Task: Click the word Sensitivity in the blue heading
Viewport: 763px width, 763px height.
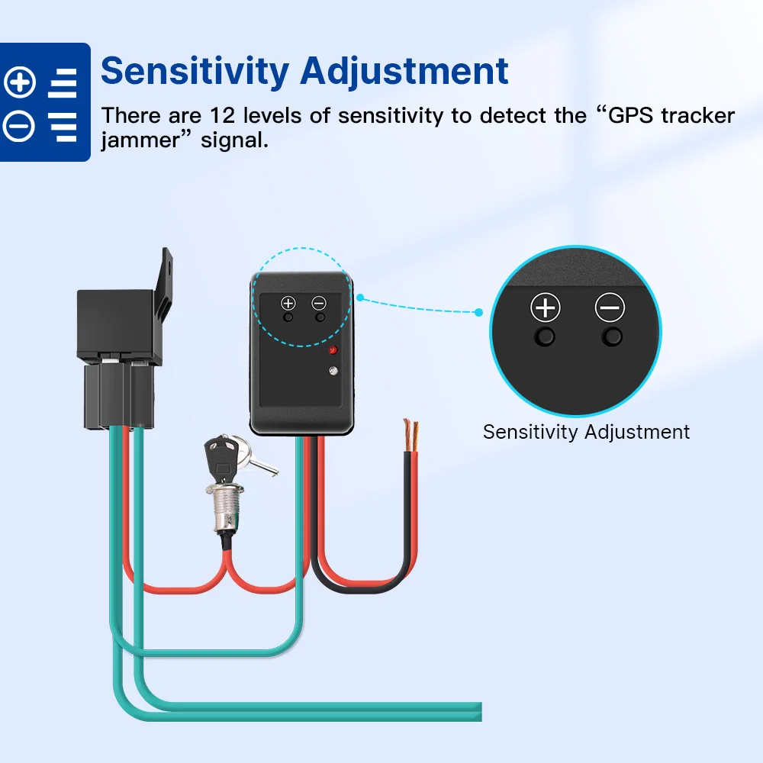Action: tap(195, 71)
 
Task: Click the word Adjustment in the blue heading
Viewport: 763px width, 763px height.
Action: tap(404, 71)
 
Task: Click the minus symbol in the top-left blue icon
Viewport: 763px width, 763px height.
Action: tap(20, 126)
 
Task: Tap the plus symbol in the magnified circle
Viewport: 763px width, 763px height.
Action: tap(545, 308)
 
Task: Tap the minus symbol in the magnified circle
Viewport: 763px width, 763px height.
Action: tap(610, 308)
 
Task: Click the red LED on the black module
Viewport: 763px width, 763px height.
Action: tap(332, 350)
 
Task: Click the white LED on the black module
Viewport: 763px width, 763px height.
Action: tap(332, 372)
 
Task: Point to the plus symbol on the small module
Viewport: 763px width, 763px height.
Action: tap(288, 303)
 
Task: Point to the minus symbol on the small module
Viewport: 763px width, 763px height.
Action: tap(320, 303)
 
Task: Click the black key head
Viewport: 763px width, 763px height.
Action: tap(219, 456)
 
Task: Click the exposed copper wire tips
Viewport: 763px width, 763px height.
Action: tap(410, 432)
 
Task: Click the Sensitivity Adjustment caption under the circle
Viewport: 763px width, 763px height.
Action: tap(586, 432)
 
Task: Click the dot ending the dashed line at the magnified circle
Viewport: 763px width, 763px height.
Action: tap(479, 312)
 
